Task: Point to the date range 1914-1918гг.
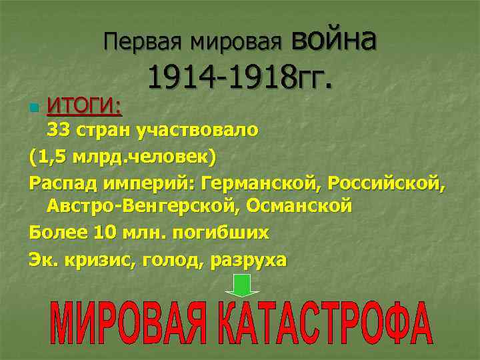(239, 79)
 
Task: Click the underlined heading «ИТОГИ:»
(85, 105)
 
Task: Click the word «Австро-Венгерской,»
(143, 207)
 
